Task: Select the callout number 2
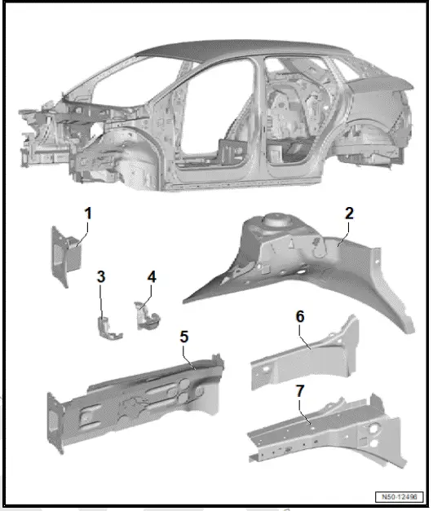[349, 214]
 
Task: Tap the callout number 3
[101, 276]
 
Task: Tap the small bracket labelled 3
[106, 326]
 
